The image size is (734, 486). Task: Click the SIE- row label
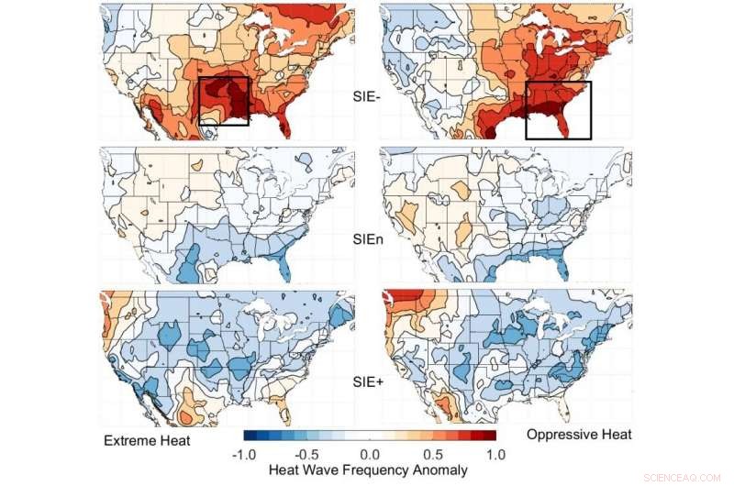tap(368, 94)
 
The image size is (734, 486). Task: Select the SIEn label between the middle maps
tap(368, 237)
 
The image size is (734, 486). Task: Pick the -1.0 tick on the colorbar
tap(244, 454)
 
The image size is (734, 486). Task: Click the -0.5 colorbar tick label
tap(306, 454)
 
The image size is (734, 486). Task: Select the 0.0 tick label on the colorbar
tap(371, 454)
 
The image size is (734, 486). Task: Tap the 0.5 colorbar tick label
tap(433, 454)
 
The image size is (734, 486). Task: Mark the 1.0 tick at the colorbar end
tap(496, 454)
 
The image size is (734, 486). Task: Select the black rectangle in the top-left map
tap(224, 101)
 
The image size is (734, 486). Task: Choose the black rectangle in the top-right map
tap(558, 110)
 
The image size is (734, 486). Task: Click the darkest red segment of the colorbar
tap(490, 435)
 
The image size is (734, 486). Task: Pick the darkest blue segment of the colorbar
tap(250, 435)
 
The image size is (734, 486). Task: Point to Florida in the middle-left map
tap(285, 268)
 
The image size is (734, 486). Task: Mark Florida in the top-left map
tap(285, 124)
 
